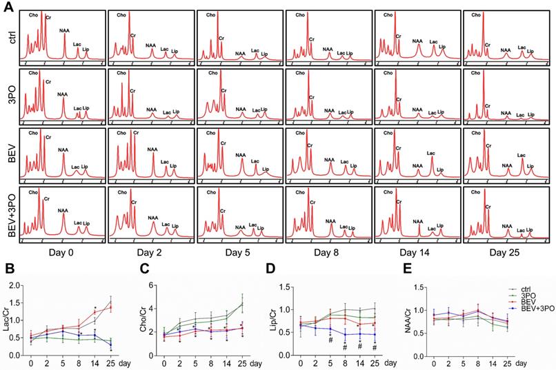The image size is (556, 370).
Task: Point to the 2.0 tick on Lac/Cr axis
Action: [18, 283]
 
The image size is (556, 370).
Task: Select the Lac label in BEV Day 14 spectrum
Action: [431, 153]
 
